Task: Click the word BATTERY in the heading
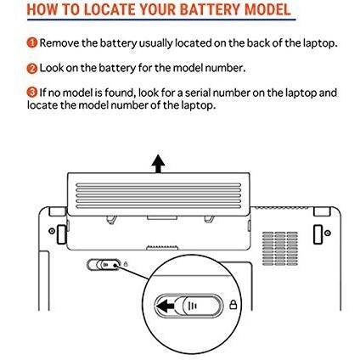(x=211, y=9)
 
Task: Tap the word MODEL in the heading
(x=267, y=9)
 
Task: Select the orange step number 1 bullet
(x=32, y=42)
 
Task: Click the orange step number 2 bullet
(x=32, y=68)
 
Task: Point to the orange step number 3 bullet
(x=32, y=93)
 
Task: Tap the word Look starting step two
(x=51, y=68)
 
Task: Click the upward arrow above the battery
(x=158, y=164)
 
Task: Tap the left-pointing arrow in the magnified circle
(x=166, y=306)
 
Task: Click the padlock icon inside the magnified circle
(x=233, y=305)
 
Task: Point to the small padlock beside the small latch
(x=126, y=264)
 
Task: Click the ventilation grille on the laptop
(x=280, y=249)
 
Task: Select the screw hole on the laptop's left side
(x=52, y=231)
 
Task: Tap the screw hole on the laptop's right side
(x=328, y=233)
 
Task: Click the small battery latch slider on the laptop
(x=104, y=264)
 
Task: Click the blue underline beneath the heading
(x=161, y=20)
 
